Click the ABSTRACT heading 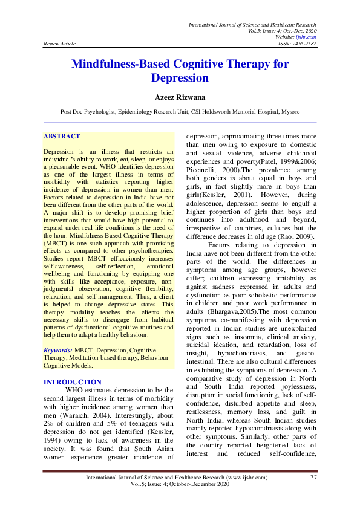(x=62, y=137)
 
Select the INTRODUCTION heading (x=73, y=382)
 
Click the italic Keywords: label (x=58, y=350)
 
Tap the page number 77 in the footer (x=313, y=495)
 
